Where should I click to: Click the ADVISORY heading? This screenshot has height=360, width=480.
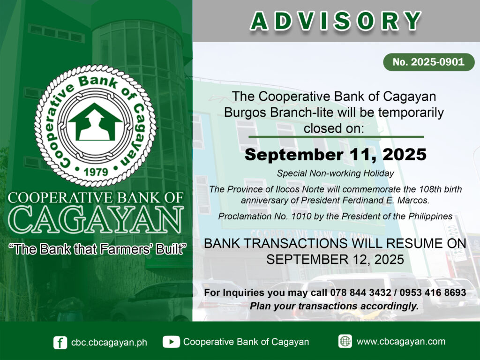pyautogui.click(x=336, y=22)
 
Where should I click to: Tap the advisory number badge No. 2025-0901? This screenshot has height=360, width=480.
pyautogui.click(x=428, y=62)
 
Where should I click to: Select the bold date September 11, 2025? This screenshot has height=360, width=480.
pyautogui.click(x=336, y=154)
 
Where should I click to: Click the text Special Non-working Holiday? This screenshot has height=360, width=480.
pyautogui.click(x=336, y=173)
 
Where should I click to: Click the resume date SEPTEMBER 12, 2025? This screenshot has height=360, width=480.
pyautogui.click(x=335, y=260)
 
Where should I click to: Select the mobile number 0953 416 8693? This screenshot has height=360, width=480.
pyautogui.click(x=433, y=292)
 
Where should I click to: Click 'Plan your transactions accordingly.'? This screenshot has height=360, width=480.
pyautogui.click(x=334, y=306)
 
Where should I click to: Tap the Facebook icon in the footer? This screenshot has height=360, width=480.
pyautogui.click(x=60, y=343)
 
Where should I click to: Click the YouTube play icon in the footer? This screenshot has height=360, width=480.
pyautogui.click(x=171, y=342)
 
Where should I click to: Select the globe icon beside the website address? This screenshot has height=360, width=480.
pyautogui.click(x=345, y=341)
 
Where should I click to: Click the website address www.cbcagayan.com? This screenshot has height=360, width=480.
pyautogui.click(x=401, y=342)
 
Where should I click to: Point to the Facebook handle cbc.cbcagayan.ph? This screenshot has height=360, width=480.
pyautogui.click(x=109, y=343)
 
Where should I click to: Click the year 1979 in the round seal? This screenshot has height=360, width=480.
pyautogui.click(x=96, y=172)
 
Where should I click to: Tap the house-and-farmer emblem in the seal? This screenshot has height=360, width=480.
pyautogui.click(x=95, y=122)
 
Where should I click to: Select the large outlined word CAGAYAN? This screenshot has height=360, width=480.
pyautogui.click(x=96, y=220)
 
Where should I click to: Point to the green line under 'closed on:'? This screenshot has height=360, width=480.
pyautogui.click(x=336, y=137)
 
